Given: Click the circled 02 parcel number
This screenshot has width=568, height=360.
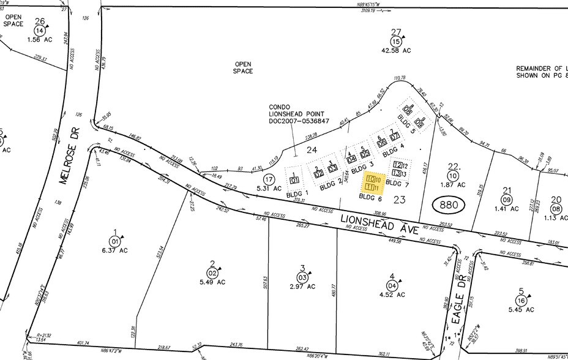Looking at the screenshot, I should [x=213, y=273].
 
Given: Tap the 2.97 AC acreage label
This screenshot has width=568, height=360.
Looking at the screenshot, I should [x=302, y=286].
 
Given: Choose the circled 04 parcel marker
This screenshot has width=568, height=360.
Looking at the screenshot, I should [x=392, y=286].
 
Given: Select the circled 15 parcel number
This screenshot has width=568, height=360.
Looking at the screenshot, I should [x=396, y=42].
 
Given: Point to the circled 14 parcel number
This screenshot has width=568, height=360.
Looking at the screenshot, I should [x=40, y=31].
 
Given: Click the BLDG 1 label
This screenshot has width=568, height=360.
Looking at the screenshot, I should [x=297, y=192].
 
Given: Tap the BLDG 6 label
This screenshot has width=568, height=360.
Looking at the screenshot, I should [x=371, y=197].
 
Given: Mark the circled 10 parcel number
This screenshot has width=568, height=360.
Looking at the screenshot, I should [x=453, y=176].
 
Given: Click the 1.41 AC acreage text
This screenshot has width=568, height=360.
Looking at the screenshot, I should [x=506, y=208].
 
